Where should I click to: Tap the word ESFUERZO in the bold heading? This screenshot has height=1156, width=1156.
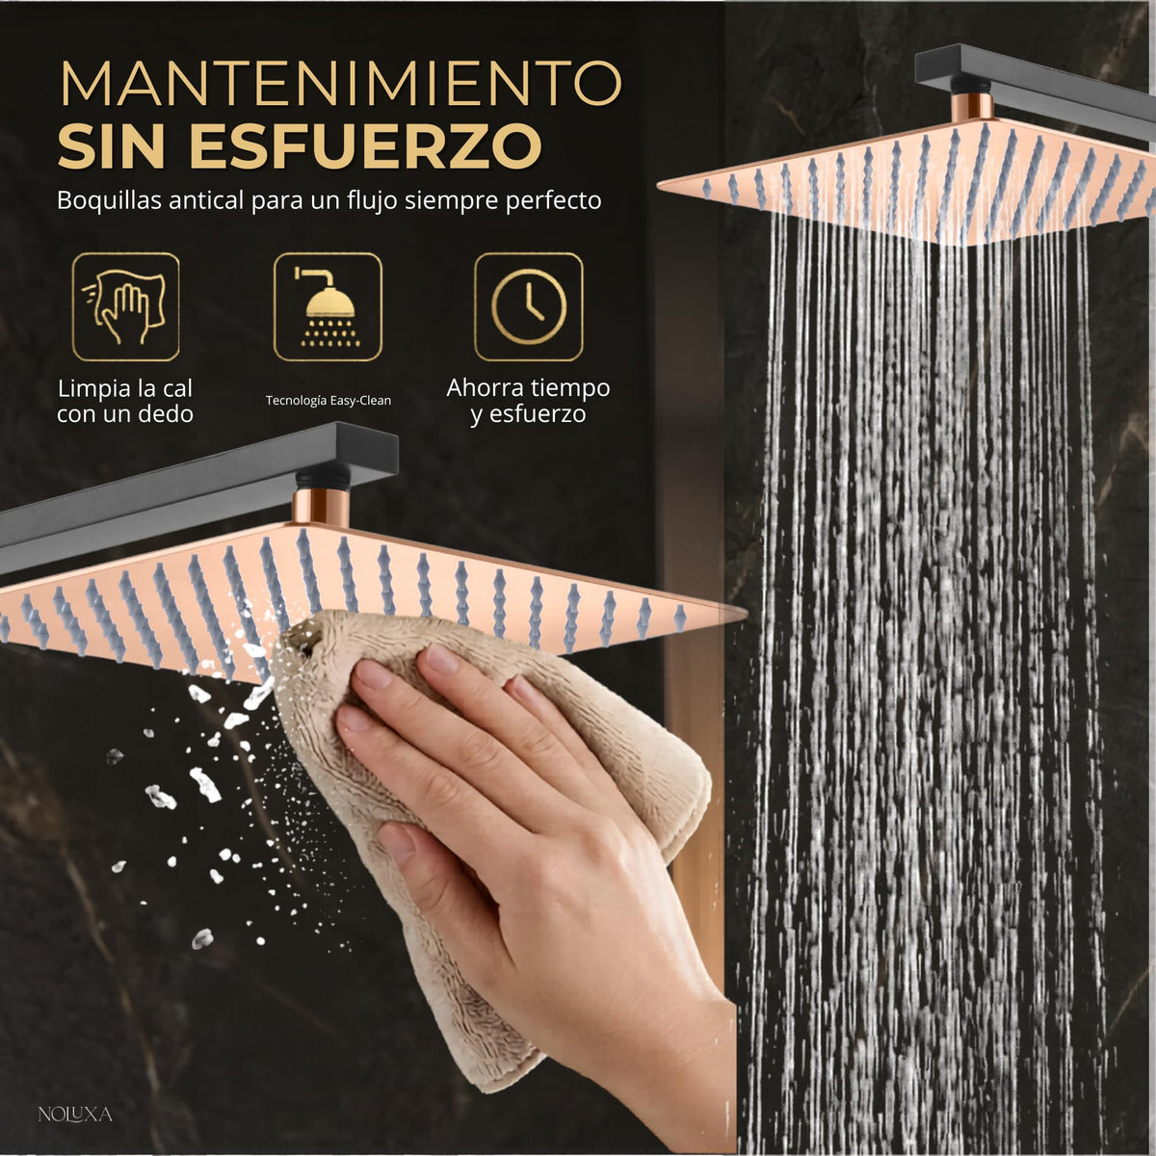click(366, 145)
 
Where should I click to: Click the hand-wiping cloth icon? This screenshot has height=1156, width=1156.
click(125, 306)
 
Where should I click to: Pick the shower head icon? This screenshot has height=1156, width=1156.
click(328, 306)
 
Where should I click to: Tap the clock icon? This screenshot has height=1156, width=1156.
click(529, 306)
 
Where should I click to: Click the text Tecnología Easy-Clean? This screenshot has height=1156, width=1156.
click(328, 400)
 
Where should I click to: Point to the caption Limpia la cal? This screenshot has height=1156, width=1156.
click(125, 389)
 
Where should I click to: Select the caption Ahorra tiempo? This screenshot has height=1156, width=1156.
click(528, 388)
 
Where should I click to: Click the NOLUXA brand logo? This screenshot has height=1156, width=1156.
click(75, 1115)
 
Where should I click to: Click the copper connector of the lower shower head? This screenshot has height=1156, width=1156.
click(322, 507)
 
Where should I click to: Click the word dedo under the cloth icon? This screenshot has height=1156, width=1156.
click(167, 414)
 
